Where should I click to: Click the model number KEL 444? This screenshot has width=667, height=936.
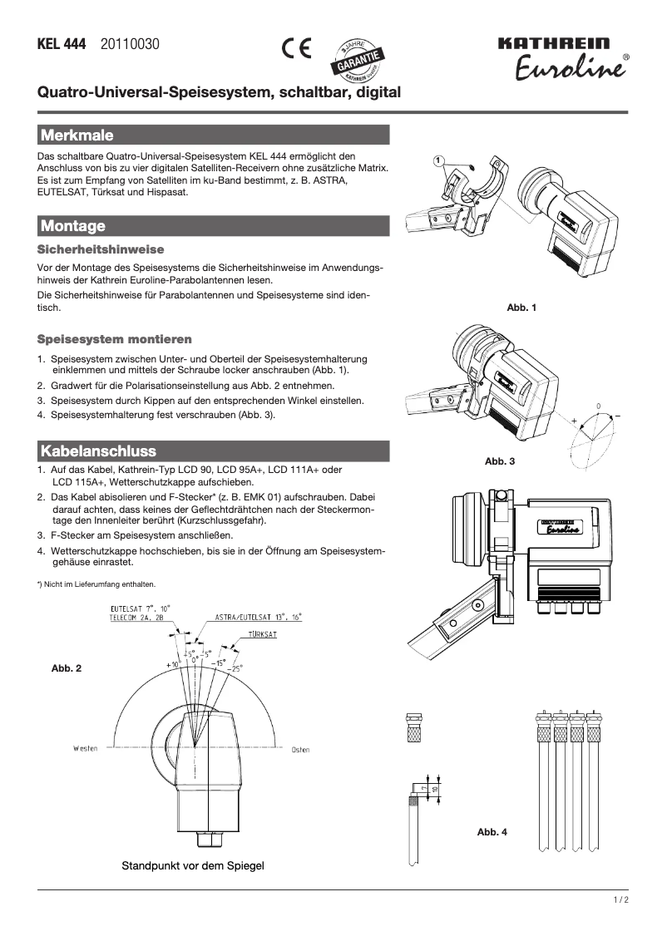pos(62,45)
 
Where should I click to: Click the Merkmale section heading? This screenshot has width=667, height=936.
pos(77,135)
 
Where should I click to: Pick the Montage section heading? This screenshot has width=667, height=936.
pos(72,226)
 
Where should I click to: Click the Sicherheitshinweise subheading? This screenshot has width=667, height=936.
pos(101,249)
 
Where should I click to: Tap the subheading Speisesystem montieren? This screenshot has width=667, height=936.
pos(115,339)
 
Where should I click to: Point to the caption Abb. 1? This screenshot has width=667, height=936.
pos(521,308)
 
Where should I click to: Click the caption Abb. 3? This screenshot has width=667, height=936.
pos(500,461)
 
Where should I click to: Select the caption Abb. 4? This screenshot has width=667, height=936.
pos(492,832)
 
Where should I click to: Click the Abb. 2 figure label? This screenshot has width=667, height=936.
pos(67,668)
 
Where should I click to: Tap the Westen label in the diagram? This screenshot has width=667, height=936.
pos(85,748)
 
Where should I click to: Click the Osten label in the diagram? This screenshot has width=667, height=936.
pos(300,749)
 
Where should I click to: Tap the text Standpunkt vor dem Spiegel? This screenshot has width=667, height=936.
pos(193,866)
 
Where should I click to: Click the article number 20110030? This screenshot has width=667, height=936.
pos(130,45)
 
